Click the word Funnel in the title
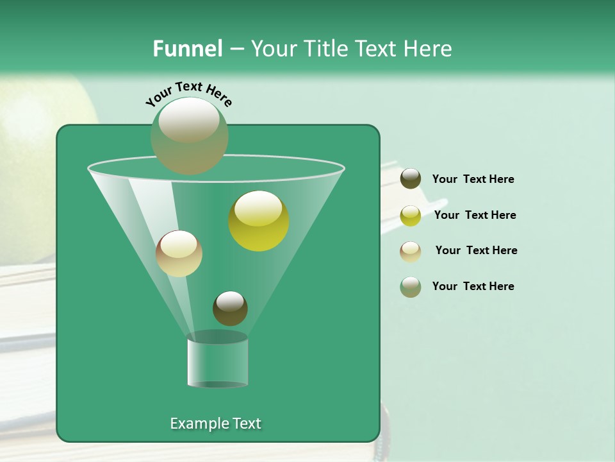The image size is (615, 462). (x=188, y=49)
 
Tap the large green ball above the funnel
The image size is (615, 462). (x=190, y=135)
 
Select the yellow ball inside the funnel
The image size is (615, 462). (x=259, y=221)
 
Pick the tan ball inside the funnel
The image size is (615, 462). (x=179, y=253)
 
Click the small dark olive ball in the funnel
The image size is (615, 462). (x=230, y=308)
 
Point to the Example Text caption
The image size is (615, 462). (x=215, y=424)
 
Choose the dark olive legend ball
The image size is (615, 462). (x=411, y=179)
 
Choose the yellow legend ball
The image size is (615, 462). (x=411, y=215)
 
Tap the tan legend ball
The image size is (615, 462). (x=411, y=251)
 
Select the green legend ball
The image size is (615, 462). (x=411, y=287)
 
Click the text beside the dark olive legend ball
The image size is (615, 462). (x=473, y=179)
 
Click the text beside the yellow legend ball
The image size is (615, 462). (x=475, y=215)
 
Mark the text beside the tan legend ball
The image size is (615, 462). (x=476, y=250)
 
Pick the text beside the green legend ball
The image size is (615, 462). (x=473, y=286)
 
